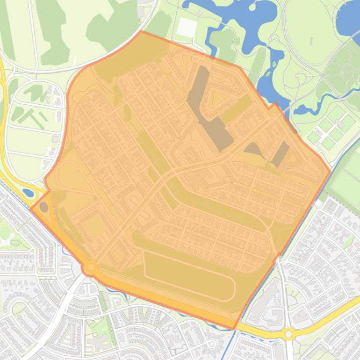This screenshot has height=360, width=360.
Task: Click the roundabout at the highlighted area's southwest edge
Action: coord(90,267)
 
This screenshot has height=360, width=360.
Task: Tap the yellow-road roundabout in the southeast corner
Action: coord(288,334)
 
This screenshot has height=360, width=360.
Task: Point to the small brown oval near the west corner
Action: coord(44,207)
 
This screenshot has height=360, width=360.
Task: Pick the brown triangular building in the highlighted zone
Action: coord(253,150)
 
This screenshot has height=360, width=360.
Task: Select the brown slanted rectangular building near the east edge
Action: coord(281,154)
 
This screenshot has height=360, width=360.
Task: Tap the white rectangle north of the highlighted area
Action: coord(187,28)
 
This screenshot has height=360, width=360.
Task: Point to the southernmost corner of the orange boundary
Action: coord(234,329)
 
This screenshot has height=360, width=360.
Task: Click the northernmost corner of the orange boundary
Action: coord(141,32)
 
